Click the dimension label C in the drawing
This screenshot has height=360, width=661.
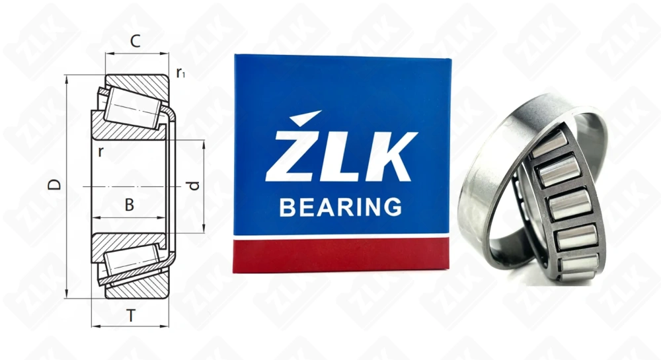(134, 42)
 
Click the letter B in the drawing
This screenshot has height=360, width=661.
(130, 205)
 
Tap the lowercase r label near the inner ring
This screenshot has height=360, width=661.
(100, 150)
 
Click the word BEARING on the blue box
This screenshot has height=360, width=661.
(340, 207)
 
